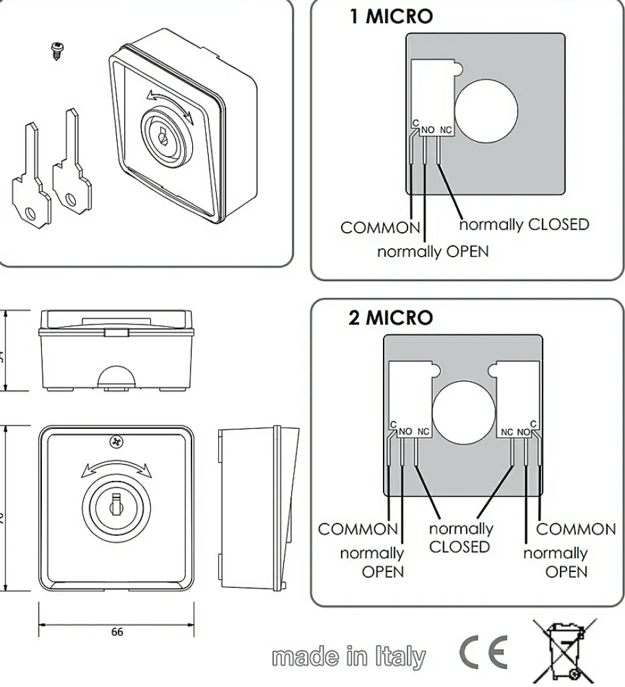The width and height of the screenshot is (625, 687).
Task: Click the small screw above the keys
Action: click(57, 51)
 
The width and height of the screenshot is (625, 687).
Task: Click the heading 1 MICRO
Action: click(391, 17)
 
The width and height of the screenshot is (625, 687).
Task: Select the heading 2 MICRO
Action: click(390, 318)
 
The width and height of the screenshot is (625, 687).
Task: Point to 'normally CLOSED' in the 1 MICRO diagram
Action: click(525, 224)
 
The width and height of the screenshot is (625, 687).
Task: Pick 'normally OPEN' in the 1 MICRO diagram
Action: click(433, 252)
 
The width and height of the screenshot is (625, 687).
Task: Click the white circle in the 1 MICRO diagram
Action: click(486, 111)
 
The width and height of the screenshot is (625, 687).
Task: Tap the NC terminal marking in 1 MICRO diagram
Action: click(445, 130)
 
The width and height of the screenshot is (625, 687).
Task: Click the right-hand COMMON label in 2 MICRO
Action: click(576, 529)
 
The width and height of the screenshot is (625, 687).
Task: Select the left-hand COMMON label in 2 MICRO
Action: click(358, 529)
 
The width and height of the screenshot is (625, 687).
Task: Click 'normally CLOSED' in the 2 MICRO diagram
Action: click(460, 538)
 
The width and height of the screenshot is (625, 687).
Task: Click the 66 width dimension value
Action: click(116, 632)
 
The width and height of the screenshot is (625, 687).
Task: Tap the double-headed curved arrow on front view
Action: click(116, 468)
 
